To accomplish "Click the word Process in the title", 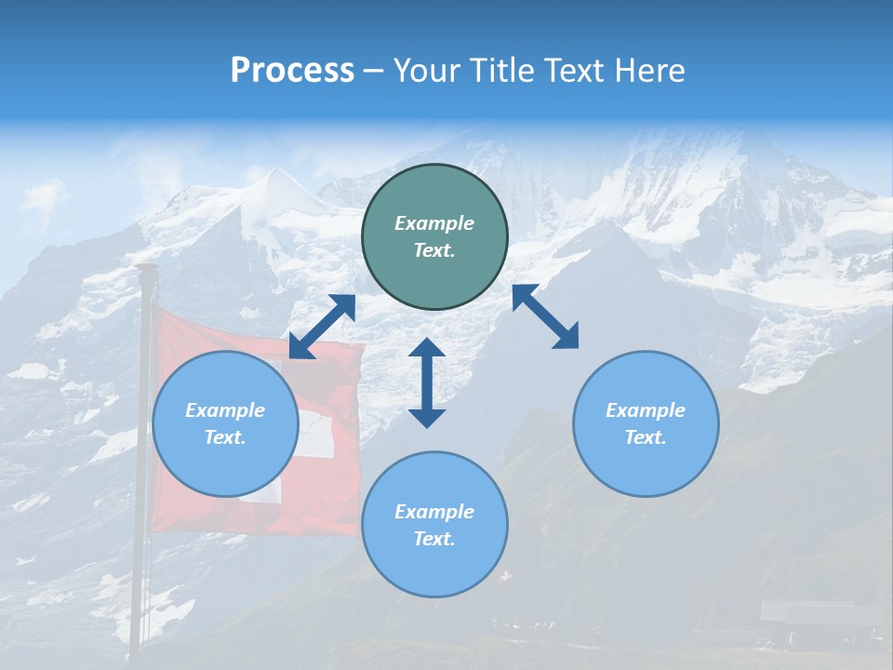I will coord(292,71).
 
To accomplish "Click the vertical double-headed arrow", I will coord(427,382).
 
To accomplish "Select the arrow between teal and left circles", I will coord(322,327).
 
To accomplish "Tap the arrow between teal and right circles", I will coord(545,316).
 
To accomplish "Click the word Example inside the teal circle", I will coord(434,223).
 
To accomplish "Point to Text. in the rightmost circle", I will coord(646,437).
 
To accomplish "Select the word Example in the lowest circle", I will coord(434,512).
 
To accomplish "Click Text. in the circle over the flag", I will coord(225,437).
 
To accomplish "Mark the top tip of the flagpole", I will coord(146,268).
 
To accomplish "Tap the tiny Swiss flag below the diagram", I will coord(505,577).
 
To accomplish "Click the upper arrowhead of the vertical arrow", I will coord(427,347).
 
